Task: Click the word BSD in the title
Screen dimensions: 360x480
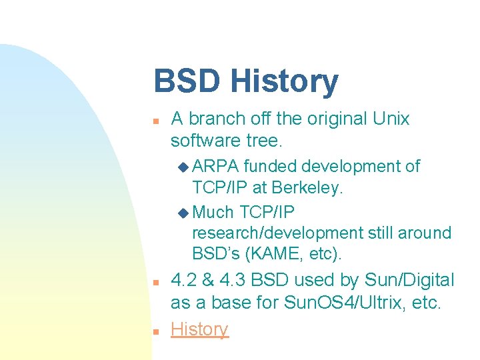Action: pyautogui.click(x=187, y=81)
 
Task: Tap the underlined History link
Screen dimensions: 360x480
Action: pyautogui.click(x=199, y=329)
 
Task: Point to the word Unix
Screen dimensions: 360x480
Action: pyautogui.click(x=390, y=119)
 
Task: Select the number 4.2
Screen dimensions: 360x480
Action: pyautogui.click(x=184, y=281)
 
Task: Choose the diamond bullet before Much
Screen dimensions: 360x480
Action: pyautogui.click(x=184, y=213)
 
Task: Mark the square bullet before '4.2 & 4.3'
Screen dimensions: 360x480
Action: pyautogui.click(x=155, y=283)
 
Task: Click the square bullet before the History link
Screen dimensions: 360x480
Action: pyautogui.click(x=155, y=331)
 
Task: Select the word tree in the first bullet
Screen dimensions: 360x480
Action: pyautogui.click(x=265, y=141)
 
